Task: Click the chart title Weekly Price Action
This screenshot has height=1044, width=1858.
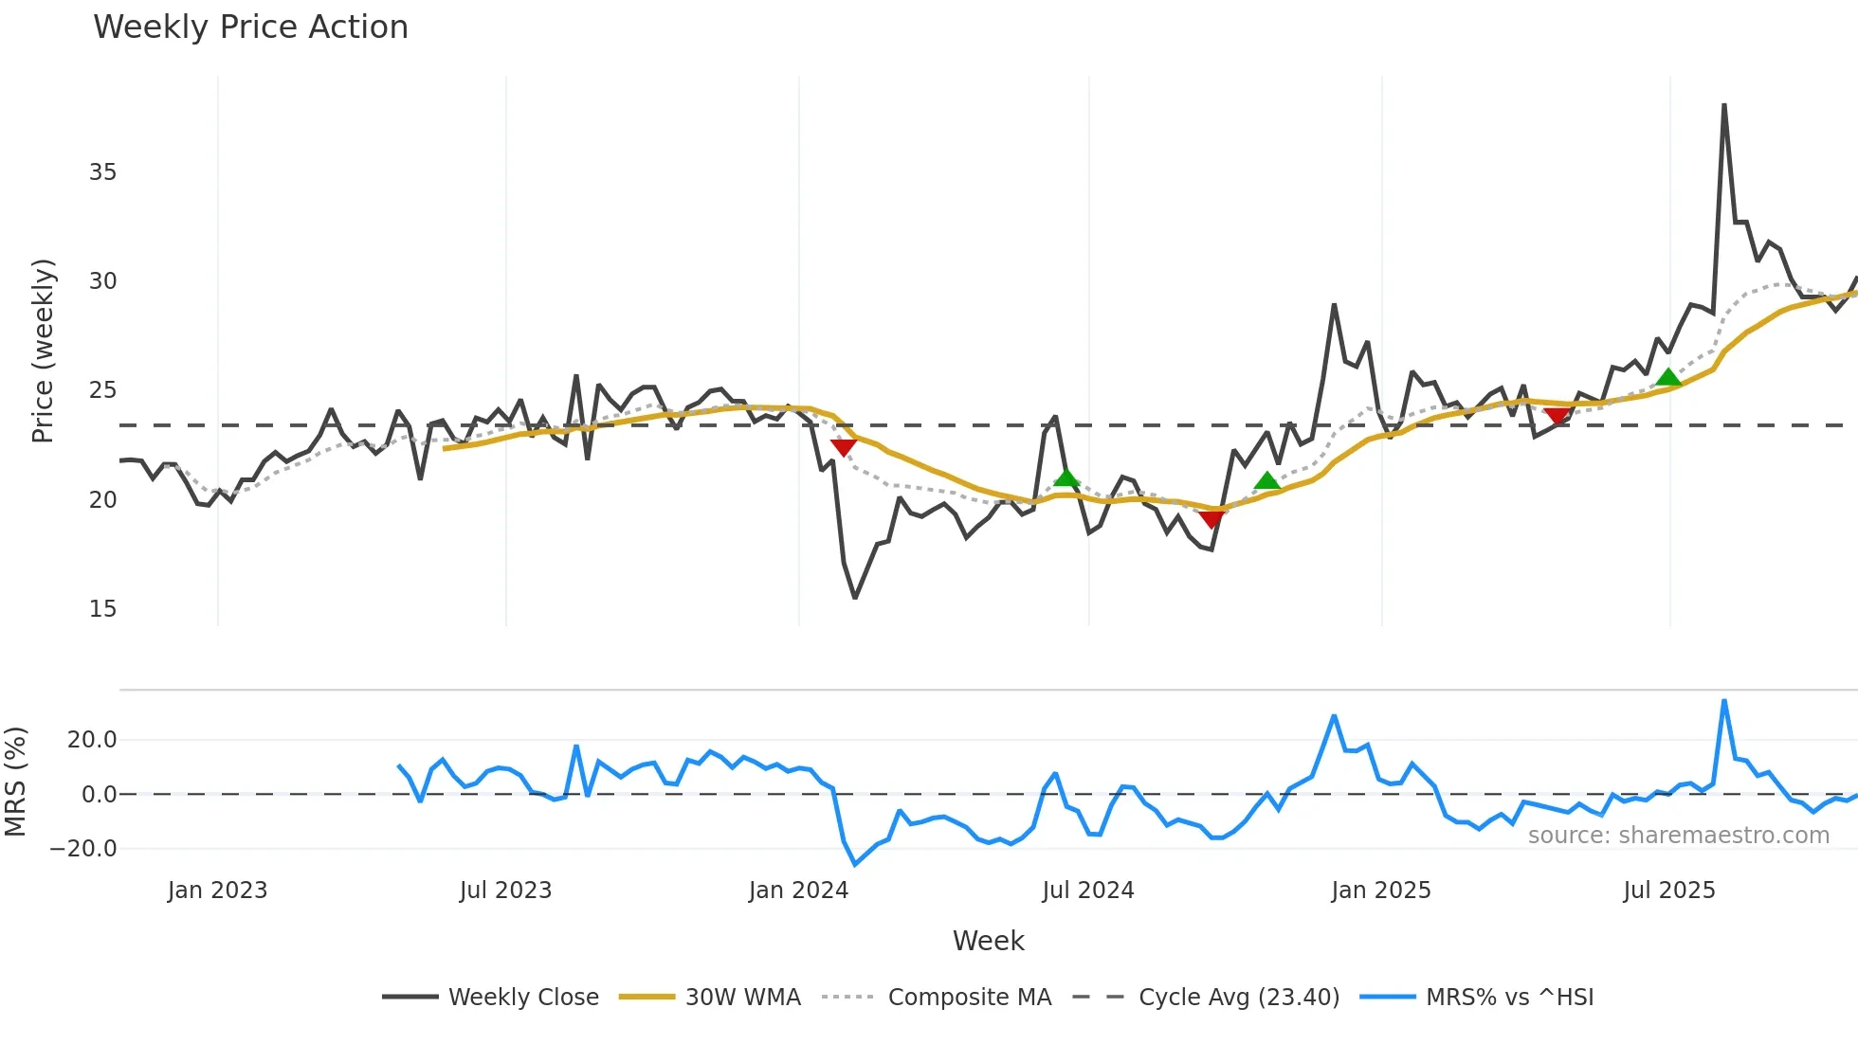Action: pos(250,27)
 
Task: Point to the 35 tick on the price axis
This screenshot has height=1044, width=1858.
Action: pos(102,172)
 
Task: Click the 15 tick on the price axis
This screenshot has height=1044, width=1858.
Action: pos(102,609)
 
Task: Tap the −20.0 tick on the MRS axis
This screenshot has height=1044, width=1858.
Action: pos(83,849)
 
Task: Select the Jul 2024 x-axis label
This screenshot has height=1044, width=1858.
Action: pos(1087,891)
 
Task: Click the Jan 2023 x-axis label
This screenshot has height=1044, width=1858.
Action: pos(217,891)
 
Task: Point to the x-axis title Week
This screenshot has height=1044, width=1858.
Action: pos(988,941)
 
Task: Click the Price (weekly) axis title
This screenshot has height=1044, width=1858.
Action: pos(43,351)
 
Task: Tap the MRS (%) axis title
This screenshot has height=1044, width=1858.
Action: pos(15,782)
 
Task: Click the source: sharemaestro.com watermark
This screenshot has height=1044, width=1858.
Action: pos(1678,836)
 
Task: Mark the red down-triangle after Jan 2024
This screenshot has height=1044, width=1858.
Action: pos(843,447)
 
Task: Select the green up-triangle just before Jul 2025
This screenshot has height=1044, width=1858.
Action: pos(1667,377)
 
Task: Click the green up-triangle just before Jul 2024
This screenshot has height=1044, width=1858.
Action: pos(1066,477)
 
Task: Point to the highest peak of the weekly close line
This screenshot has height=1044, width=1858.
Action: pos(1723,105)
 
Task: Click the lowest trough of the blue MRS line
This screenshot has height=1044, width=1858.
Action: pos(855,864)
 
